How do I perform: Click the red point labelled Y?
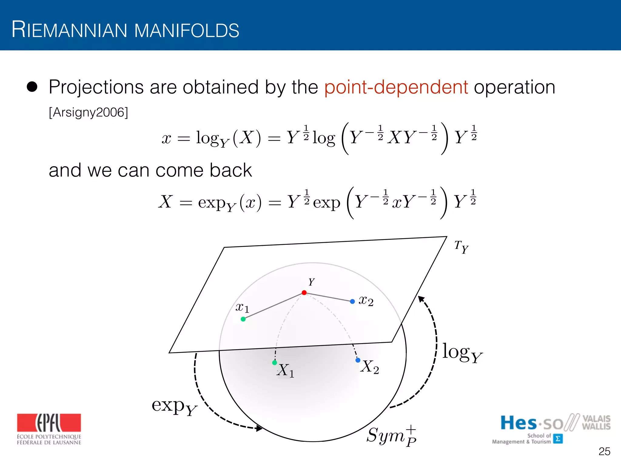[x=304, y=293]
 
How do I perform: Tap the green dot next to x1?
[x=243, y=319]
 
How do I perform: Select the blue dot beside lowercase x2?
[x=352, y=302]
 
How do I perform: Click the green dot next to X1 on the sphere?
[x=275, y=363]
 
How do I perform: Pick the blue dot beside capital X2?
[x=358, y=360]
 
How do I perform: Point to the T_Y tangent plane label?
[x=461, y=247]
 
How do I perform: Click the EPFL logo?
[x=49, y=429]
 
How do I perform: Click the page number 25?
[x=604, y=451]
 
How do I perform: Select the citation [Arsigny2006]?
[x=89, y=113]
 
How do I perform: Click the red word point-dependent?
[x=396, y=87]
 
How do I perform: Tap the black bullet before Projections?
[x=32, y=87]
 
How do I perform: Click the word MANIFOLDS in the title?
[x=186, y=30]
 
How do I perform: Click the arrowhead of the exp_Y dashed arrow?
[x=259, y=428]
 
